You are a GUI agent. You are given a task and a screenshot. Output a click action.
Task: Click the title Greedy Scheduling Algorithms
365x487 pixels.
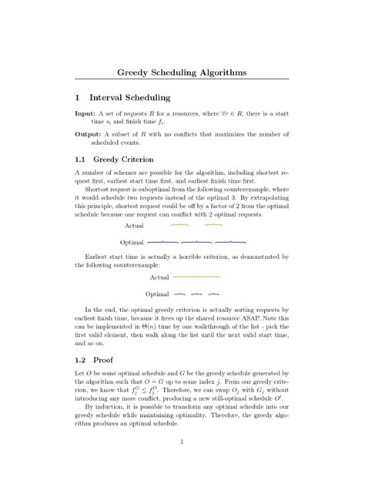pyautogui.click(x=182, y=72)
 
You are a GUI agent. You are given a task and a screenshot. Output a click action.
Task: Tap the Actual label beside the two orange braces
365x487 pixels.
pyautogui.click(x=134, y=227)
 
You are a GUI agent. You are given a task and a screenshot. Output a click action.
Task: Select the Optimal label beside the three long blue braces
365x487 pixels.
pyautogui.click(x=132, y=242)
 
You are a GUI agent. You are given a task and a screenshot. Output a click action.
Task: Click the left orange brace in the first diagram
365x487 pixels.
pyautogui.click(x=179, y=226)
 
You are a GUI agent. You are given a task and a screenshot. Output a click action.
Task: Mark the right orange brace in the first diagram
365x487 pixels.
pyautogui.click(x=213, y=226)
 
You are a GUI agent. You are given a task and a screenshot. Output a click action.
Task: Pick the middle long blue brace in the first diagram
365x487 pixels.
pyautogui.click(x=196, y=241)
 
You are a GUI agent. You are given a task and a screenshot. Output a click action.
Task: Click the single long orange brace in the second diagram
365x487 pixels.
pyautogui.click(x=196, y=276)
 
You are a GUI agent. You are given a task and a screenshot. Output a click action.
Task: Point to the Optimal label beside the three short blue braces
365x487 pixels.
pyautogui.click(x=156, y=294)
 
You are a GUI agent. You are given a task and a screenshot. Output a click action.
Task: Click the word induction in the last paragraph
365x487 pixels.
pyautogui.click(x=109, y=407)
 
